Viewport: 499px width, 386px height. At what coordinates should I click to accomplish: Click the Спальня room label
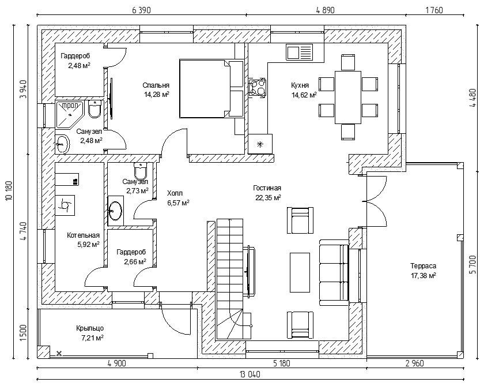pos(157,85)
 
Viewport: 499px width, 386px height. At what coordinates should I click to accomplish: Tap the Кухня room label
pos(304,85)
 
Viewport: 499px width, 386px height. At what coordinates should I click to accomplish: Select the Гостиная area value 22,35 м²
pos(268,198)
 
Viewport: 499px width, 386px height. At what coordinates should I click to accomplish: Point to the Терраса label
pos(423,266)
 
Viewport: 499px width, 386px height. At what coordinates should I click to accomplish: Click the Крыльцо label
pos(89,328)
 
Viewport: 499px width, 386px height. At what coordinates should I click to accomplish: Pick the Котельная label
pos(83,235)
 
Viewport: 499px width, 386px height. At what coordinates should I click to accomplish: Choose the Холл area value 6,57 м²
pos(178,203)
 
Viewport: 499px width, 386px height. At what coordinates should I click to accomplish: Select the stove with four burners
pos(257,88)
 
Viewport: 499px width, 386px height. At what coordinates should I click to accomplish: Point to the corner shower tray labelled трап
pos(70,113)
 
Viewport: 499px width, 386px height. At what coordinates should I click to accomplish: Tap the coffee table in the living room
pos(299,272)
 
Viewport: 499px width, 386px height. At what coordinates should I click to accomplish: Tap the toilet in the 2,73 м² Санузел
pos(140,171)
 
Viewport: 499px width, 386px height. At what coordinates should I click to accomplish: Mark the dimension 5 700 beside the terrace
pos(474,263)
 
